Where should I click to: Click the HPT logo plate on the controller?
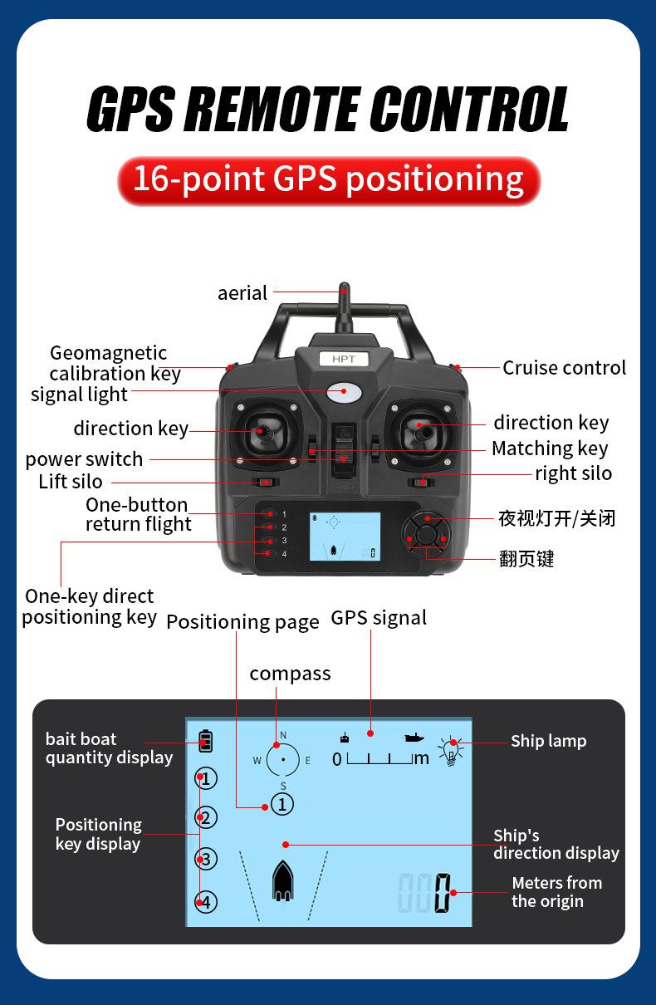point(344,359)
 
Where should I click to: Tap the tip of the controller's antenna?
point(344,283)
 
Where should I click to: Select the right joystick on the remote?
point(423,433)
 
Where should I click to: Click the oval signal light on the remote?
point(344,393)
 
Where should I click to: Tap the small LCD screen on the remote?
point(345,537)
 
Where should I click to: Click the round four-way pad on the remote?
point(426,535)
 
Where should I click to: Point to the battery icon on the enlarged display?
point(205,741)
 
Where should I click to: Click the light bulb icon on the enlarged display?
point(451,751)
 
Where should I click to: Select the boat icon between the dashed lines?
point(283,880)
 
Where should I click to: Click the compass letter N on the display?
point(283,735)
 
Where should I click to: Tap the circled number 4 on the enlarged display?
point(206,902)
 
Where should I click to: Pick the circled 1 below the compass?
point(282,805)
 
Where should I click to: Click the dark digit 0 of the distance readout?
point(443,893)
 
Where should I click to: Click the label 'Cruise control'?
point(564,368)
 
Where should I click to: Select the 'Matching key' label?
point(550,449)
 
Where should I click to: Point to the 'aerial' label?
point(242,293)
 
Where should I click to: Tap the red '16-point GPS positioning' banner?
point(329,181)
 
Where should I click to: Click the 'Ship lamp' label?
point(549,741)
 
